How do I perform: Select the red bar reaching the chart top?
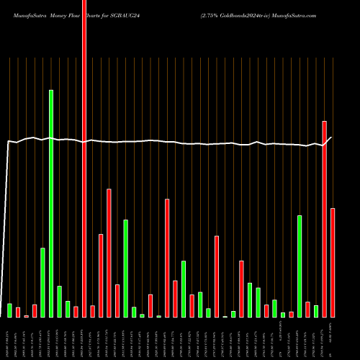click(x=84, y=158)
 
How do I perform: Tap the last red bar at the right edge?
click(x=333, y=263)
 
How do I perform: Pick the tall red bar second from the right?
click(x=324, y=219)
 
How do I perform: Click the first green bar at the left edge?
click(x=9, y=310)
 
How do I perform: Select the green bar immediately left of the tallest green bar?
click(x=42, y=282)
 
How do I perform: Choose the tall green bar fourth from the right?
click(x=300, y=266)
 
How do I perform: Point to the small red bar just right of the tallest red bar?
click(x=92, y=311)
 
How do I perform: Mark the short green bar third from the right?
click(x=315, y=311)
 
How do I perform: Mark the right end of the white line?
click(x=331, y=137)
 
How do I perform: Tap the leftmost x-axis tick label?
click(x=6, y=338)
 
